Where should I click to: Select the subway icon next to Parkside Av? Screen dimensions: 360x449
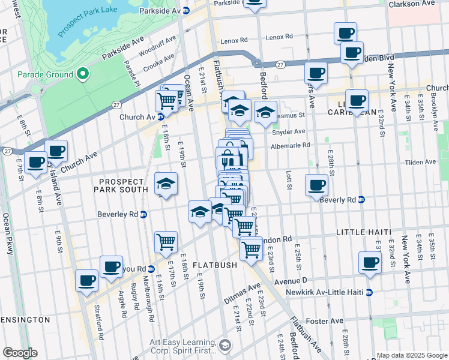186,11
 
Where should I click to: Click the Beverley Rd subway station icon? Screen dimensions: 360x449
143,214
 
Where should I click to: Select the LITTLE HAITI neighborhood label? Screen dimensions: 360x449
364,232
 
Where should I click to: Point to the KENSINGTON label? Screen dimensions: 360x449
25,320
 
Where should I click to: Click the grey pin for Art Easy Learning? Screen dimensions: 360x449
224,345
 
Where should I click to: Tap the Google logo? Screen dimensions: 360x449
20,353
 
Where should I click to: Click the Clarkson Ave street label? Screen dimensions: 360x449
411,4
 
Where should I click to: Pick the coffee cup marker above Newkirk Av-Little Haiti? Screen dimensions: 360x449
370,262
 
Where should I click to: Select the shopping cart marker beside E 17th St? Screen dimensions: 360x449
166,242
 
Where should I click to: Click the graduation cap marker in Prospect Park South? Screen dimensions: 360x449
166,184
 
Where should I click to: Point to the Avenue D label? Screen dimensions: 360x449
291,280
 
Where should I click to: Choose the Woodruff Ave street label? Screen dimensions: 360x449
158,46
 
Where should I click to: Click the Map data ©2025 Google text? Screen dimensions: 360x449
411,355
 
